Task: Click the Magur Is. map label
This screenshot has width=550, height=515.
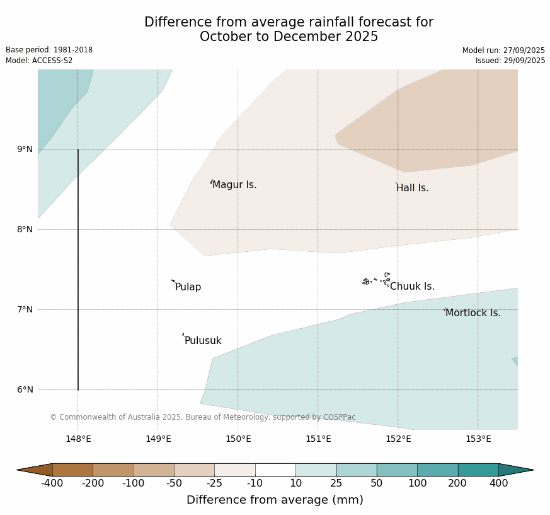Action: (x=234, y=185)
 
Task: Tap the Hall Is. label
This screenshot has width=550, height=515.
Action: (x=413, y=188)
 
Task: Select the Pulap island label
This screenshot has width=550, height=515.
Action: (x=188, y=287)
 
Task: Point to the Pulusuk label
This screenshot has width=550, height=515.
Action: (x=203, y=341)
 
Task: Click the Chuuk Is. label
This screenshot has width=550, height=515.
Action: (x=412, y=287)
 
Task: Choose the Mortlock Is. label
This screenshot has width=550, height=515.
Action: (x=473, y=313)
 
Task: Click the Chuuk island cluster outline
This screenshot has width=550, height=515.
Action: (x=377, y=280)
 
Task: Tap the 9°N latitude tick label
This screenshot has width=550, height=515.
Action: (x=25, y=150)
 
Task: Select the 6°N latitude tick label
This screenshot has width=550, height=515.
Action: (x=25, y=389)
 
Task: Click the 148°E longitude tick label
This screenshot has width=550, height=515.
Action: (x=78, y=439)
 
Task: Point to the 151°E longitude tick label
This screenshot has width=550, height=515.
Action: (x=318, y=439)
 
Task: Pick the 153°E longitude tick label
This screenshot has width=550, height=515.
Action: (x=478, y=439)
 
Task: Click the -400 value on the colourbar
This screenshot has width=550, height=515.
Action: (x=53, y=483)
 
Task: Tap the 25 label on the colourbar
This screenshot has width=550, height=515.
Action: (x=336, y=483)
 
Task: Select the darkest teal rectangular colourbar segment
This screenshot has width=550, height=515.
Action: (x=478, y=470)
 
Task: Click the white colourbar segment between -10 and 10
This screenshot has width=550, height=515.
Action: (x=275, y=470)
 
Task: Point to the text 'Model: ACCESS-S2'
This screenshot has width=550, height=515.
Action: (x=39, y=61)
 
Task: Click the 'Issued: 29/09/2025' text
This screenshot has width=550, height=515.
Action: (x=510, y=61)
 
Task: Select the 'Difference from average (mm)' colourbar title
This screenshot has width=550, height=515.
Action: (x=275, y=500)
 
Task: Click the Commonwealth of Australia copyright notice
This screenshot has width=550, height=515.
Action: (x=203, y=417)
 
